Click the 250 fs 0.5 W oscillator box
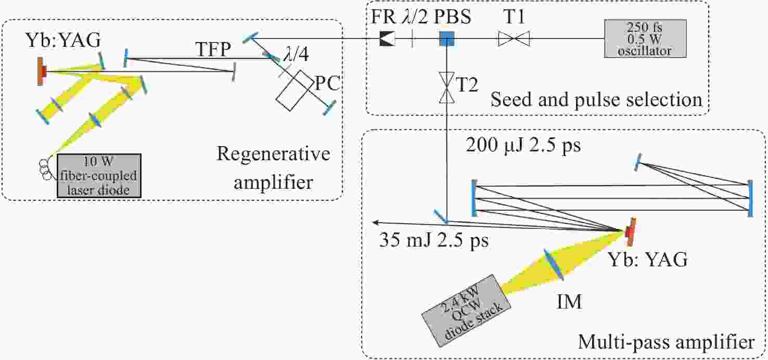(645, 38)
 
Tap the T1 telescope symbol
(514, 39)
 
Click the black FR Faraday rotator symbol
(387, 39)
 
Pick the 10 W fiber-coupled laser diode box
(99, 175)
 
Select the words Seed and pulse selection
(596, 99)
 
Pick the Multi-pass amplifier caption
(666, 343)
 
